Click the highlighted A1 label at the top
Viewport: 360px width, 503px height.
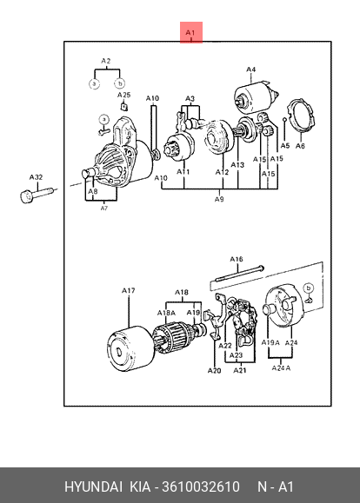point(190,32)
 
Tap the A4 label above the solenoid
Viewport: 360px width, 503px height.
point(250,69)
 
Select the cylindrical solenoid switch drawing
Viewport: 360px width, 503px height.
point(256,97)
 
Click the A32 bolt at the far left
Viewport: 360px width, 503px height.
point(37,195)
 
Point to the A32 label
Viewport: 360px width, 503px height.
point(36,177)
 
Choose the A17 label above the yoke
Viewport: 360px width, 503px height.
point(128,291)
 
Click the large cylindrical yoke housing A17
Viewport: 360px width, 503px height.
point(131,348)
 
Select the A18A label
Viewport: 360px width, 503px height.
point(166,313)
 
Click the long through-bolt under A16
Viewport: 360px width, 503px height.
point(240,274)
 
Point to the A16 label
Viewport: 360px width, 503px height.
point(237,259)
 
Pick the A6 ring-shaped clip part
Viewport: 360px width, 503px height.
point(301,116)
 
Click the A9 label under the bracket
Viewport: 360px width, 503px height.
point(219,199)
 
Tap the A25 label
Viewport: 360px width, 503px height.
point(124,95)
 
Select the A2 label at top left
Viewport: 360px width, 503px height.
point(106,61)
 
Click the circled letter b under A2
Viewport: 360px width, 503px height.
point(120,83)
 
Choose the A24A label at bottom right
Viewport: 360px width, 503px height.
point(281,368)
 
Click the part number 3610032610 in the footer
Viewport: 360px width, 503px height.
point(201,486)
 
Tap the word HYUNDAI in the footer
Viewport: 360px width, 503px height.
point(93,486)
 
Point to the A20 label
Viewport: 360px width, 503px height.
point(214,371)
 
